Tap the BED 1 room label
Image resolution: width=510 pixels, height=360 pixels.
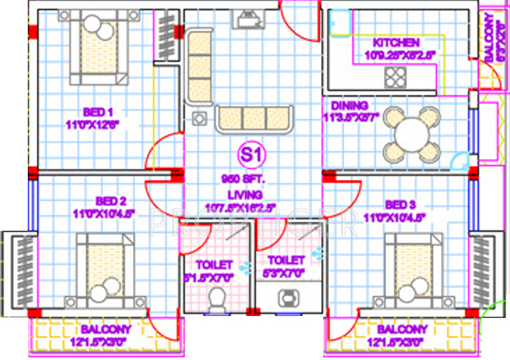[95, 110]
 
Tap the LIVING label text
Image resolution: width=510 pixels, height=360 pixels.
[244, 194]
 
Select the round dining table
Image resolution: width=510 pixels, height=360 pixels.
[412, 134]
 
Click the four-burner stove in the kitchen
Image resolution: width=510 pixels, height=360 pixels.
[394, 77]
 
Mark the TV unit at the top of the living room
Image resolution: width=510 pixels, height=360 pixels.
[248, 20]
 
